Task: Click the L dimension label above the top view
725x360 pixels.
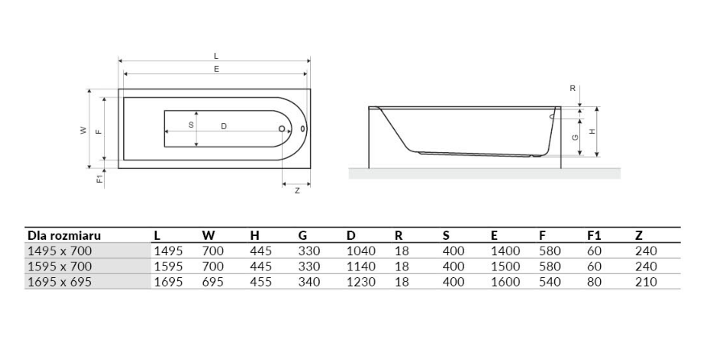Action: pos(216,56)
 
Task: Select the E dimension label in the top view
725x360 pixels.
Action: pos(216,69)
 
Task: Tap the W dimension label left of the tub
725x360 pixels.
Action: pos(84,130)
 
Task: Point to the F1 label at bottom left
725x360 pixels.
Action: pos(99,178)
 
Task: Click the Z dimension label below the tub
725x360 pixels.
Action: pos(296,190)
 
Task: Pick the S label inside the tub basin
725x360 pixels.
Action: pos(191,126)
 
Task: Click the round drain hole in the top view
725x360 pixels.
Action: pos(282,129)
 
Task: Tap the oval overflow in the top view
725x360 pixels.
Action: pos(304,129)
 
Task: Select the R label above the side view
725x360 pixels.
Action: pos(573,89)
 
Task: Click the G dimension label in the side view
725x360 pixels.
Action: pos(574,137)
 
